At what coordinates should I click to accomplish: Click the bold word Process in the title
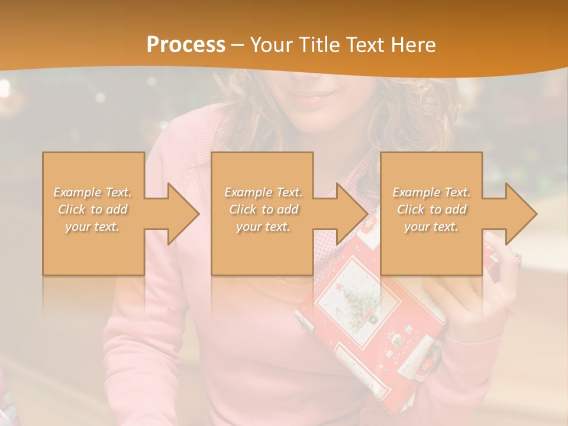(x=186, y=45)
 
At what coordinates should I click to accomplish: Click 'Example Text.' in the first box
(x=93, y=192)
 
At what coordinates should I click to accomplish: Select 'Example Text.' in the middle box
(x=263, y=192)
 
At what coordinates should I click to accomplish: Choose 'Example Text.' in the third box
(x=431, y=192)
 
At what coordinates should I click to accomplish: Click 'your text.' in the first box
(x=92, y=227)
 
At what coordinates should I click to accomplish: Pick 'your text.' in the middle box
(x=263, y=227)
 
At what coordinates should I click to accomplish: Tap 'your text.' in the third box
(x=431, y=227)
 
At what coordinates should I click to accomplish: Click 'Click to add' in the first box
(x=93, y=209)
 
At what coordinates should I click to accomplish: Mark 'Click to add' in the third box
(x=431, y=209)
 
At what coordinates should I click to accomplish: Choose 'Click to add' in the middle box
(x=263, y=209)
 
